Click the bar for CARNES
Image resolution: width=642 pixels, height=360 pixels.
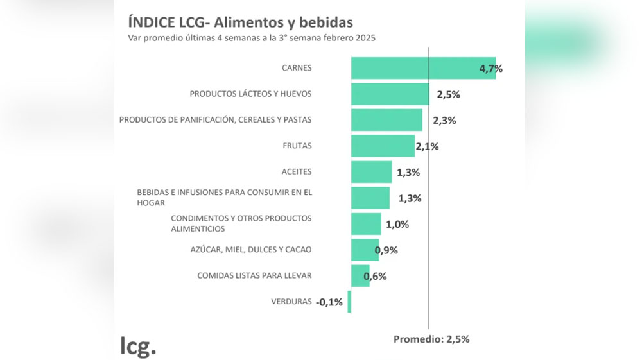click(422, 68)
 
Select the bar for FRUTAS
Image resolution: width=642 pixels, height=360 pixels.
click(383, 146)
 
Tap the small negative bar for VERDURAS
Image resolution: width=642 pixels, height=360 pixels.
click(349, 302)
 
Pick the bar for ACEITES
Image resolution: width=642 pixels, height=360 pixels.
click(371, 172)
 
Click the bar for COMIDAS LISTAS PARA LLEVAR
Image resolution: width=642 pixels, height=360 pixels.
click(360, 276)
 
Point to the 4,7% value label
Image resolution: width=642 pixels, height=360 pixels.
click(491, 69)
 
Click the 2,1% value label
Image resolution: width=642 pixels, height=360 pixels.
click(427, 146)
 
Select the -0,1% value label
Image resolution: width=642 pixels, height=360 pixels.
click(329, 302)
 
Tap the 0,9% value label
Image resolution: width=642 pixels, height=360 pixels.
click(386, 250)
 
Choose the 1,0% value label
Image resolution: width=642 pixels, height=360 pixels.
click(397, 224)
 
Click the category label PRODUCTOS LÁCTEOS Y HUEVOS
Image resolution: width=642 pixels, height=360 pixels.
click(250, 94)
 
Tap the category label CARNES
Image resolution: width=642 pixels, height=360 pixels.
click(297, 68)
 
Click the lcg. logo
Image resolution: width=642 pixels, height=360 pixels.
click(138, 346)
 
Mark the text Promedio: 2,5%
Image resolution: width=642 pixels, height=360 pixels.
click(431, 339)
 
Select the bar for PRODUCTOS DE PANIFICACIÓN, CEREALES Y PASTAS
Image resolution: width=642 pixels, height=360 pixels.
click(386, 120)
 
